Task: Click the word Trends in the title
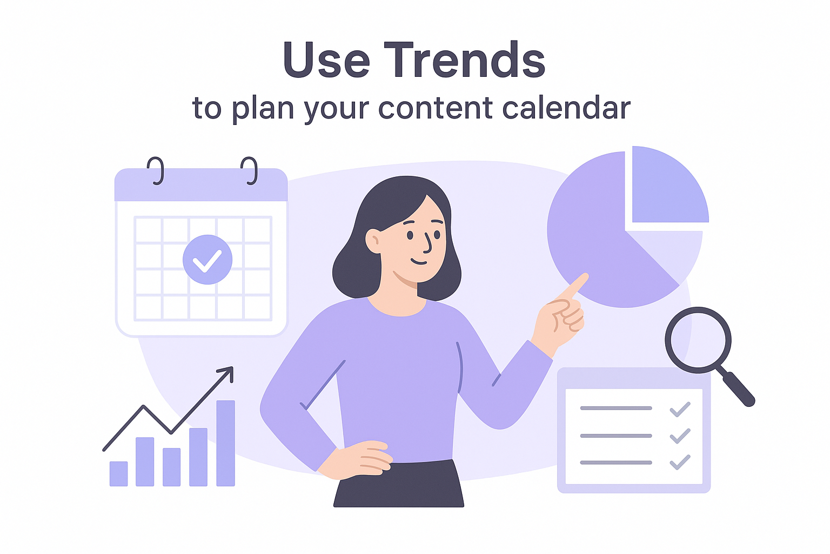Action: (464, 60)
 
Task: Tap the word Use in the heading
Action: (326, 60)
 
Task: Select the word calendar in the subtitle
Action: (566, 108)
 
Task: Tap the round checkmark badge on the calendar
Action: (207, 259)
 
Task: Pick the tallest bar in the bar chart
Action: (226, 443)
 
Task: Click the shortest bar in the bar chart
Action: (118, 473)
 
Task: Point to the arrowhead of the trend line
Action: (227, 373)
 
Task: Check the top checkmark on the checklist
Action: (680, 410)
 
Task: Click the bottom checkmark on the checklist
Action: (680, 463)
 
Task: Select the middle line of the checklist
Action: (616, 436)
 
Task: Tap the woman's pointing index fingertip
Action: (584, 276)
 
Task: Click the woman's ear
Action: (373, 241)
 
